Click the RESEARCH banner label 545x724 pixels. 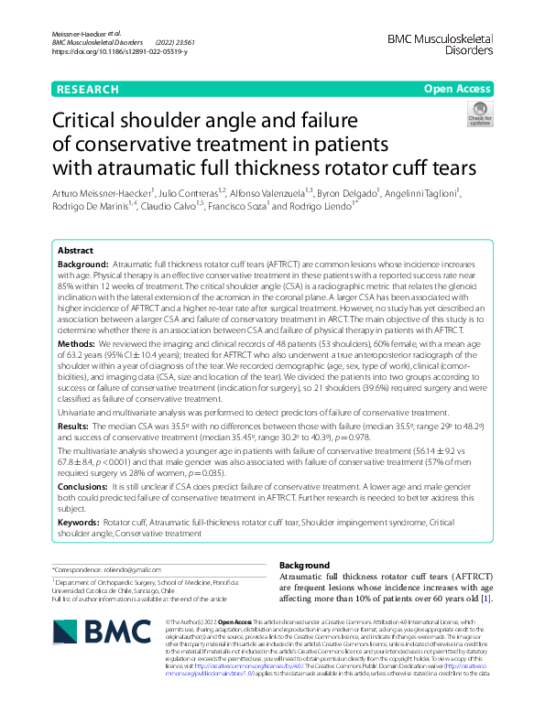[x=87, y=90]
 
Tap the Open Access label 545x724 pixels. [x=457, y=90]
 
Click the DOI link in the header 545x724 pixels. [x=120, y=52]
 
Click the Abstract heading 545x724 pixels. [x=75, y=250]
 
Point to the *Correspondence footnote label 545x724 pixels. [x=82, y=569]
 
